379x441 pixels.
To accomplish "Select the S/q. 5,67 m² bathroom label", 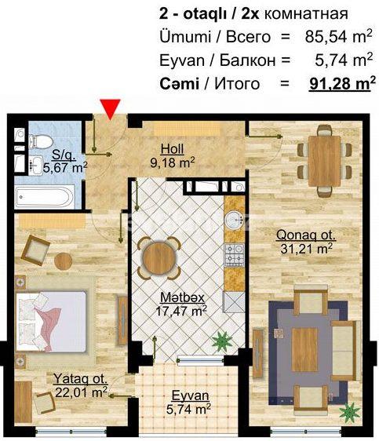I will [x=64, y=161].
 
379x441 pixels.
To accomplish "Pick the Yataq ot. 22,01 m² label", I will [x=81, y=385].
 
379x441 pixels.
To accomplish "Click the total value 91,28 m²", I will [x=339, y=82].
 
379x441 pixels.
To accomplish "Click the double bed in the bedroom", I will [x=52, y=317].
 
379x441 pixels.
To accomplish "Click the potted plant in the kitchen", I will [x=221, y=341].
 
